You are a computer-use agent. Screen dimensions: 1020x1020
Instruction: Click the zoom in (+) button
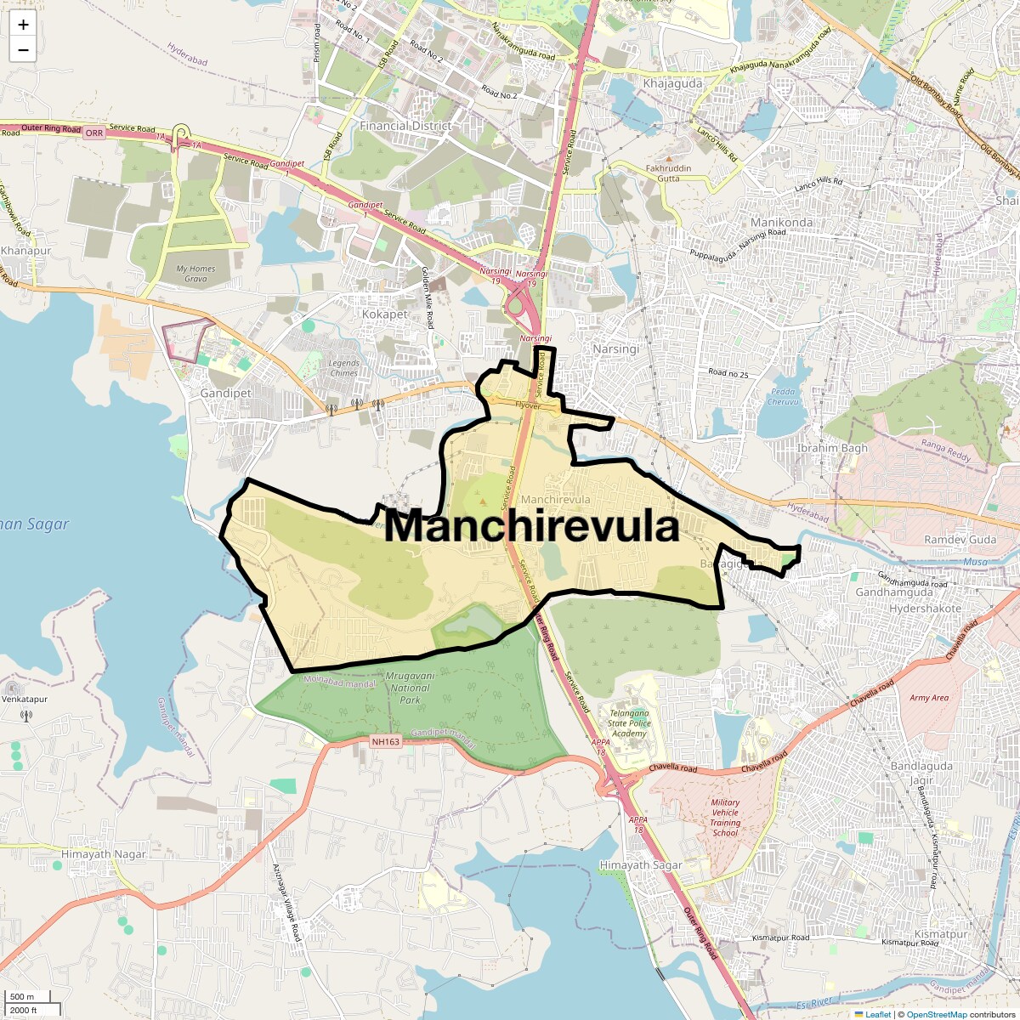(x=23, y=25)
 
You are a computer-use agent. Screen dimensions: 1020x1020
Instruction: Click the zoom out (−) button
(x=23, y=50)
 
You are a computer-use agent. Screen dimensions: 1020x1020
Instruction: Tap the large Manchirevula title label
(x=531, y=526)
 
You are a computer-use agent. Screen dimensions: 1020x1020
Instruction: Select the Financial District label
(x=405, y=126)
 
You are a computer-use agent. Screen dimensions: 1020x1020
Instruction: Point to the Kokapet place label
(x=385, y=314)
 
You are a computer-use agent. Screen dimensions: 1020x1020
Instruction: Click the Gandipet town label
(x=226, y=394)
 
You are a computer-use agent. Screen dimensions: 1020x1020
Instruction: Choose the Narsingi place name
(x=615, y=349)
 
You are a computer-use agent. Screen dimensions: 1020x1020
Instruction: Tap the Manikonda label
(x=781, y=223)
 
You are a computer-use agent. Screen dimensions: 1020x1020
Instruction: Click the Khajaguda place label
(x=672, y=83)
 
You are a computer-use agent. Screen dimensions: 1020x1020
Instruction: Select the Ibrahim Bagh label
(x=832, y=448)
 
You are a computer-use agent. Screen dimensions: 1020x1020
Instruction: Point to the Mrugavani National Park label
(x=410, y=688)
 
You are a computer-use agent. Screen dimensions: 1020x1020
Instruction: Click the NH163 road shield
(x=385, y=742)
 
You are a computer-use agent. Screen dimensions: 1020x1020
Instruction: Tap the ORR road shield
(x=94, y=133)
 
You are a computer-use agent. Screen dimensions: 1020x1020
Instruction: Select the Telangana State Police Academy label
(x=629, y=723)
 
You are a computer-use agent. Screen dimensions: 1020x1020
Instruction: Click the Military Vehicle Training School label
(x=725, y=818)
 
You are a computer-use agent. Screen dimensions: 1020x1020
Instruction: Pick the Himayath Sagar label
(x=641, y=865)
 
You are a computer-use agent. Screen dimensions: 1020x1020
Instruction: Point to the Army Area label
(x=929, y=698)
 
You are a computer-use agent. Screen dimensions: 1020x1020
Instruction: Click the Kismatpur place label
(x=941, y=934)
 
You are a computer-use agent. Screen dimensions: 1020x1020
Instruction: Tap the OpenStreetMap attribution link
(x=937, y=1014)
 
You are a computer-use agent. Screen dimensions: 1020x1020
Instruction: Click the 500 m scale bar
(x=23, y=997)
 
